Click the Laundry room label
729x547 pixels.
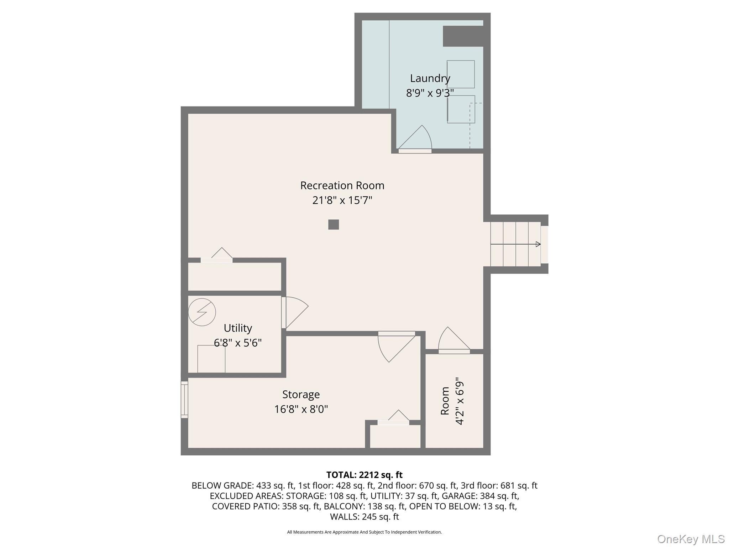pyautogui.click(x=430, y=78)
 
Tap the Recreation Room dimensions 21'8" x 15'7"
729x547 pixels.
pyautogui.click(x=342, y=200)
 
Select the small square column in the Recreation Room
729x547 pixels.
pyautogui.click(x=334, y=224)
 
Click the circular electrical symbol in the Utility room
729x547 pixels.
pyautogui.click(x=202, y=312)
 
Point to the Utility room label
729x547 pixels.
pyautogui.click(x=238, y=328)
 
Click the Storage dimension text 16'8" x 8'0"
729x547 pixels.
pyautogui.click(x=301, y=409)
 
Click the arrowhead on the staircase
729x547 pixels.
pyautogui.click(x=538, y=244)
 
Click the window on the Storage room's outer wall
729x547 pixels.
pyautogui.click(x=184, y=399)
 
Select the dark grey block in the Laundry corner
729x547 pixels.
pyautogui.click(x=463, y=36)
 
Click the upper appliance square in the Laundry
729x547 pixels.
pyautogui.click(x=461, y=74)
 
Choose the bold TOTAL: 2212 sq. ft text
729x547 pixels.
pyautogui.click(x=364, y=475)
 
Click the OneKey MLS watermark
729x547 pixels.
pyautogui.click(x=691, y=539)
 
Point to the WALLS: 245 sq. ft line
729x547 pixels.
pyautogui.click(x=364, y=517)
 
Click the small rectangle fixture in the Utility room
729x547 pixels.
pyautogui.click(x=211, y=359)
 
